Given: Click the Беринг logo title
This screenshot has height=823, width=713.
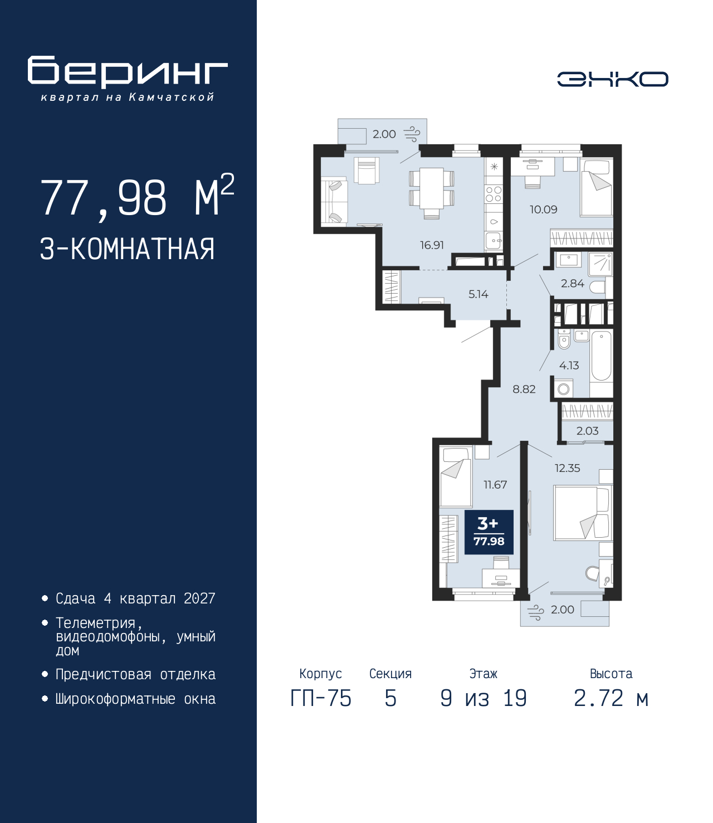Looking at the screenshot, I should click(128, 72).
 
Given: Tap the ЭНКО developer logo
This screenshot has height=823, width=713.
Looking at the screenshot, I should click(612, 79).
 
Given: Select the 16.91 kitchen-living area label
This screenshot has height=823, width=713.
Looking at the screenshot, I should click(432, 245).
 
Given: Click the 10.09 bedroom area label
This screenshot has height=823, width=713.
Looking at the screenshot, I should click(543, 210).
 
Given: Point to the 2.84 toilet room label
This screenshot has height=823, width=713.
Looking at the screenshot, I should click(572, 284).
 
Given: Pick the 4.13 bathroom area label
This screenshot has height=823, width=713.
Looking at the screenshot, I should click(569, 366).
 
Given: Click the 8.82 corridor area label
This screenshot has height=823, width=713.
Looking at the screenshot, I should click(524, 389).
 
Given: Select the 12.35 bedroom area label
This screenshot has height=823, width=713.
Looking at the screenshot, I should click(567, 468).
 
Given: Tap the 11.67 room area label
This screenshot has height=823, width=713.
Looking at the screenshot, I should click(495, 485).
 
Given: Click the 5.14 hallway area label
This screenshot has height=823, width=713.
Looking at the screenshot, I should click(478, 294).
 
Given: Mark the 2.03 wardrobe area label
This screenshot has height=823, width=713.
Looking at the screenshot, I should click(587, 431).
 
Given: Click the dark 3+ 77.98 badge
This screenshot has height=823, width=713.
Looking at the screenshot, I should click(489, 532).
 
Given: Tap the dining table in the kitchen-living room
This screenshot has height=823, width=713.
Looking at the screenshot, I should click(432, 188).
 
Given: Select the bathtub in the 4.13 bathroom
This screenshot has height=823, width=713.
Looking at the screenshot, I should click(601, 356).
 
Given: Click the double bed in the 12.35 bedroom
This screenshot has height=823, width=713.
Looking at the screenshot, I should click(582, 513).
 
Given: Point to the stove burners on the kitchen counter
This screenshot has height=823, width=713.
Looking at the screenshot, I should click(494, 194).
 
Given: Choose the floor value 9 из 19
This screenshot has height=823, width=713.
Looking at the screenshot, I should click(483, 698).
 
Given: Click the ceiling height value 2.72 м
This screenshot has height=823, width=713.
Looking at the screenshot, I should click(611, 698).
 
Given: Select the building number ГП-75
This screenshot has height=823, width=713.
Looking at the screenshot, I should click(321, 698).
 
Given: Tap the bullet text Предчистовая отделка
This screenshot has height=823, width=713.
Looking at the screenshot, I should click(135, 674).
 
